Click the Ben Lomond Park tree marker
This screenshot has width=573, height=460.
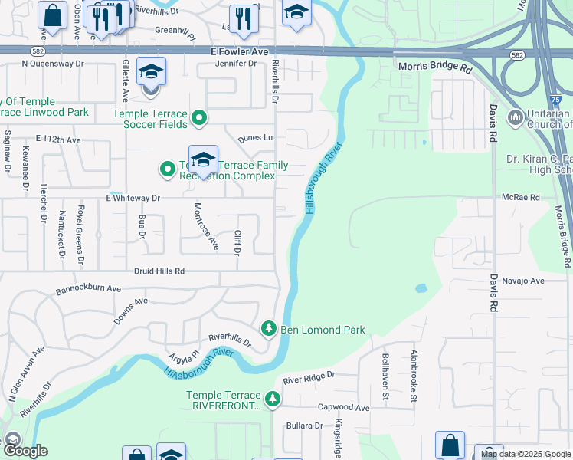pos(269,329)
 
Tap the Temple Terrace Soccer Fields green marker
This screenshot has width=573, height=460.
pos(200,118)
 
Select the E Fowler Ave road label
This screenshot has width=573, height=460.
pos(240,51)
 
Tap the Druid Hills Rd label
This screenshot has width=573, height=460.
pos(159,271)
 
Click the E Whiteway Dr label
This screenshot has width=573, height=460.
pos(133,198)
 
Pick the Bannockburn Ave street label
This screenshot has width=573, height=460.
pos(89,291)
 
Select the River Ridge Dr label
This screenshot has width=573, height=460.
pos(309,377)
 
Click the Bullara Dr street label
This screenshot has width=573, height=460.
pos(304,426)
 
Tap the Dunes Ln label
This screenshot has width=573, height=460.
pos(255,138)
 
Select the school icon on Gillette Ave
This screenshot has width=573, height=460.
pos(151,74)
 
